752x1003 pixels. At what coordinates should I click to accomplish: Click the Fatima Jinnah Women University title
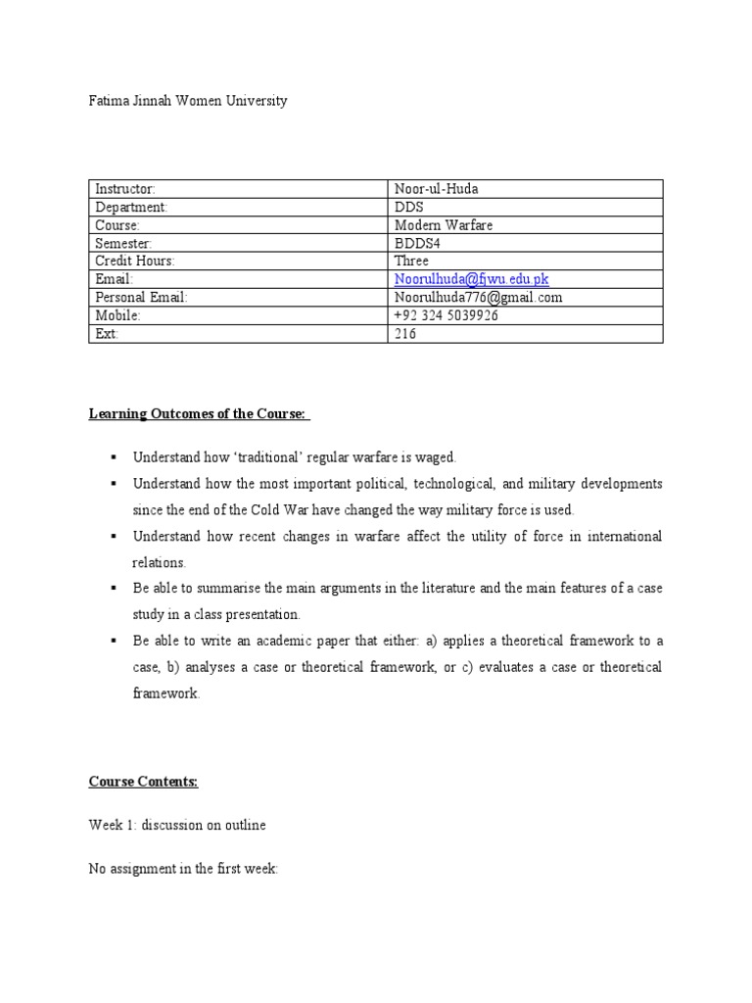point(188,101)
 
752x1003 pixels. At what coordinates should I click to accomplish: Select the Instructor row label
point(124,188)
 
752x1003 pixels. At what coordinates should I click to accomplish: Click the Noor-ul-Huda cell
point(437,188)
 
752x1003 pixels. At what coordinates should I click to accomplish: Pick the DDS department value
point(409,207)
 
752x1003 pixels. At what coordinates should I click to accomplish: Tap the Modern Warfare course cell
point(444,225)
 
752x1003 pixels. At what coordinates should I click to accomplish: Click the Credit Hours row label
point(134,262)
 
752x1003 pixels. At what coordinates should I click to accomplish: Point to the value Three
point(411,262)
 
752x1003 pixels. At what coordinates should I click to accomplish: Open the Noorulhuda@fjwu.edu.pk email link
point(471,280)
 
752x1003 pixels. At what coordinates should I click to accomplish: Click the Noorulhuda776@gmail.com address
point(478,298)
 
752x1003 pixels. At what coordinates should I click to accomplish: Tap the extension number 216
point(404,334)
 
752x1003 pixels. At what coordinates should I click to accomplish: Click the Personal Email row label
point(141,298)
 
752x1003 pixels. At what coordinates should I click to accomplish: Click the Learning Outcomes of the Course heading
point(200,415)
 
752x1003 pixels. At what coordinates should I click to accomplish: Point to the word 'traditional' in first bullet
point(258,457)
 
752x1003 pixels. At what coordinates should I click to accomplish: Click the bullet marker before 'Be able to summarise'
point(115,589)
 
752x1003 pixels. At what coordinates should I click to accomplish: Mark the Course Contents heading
point(144,782)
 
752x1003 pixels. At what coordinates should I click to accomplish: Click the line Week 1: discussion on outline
point(177,825)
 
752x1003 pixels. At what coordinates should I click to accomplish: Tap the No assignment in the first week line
point(184,868)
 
